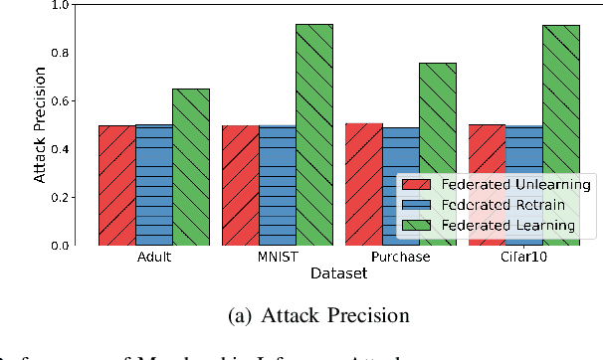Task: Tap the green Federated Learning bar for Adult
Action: point(191,167)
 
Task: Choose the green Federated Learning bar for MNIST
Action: point(314,134)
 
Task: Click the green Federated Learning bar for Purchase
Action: point(438,154)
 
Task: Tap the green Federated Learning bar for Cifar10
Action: point(561,134)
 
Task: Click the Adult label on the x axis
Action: point(153,257)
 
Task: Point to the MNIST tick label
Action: point(277,257)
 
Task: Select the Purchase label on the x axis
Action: point(400,257)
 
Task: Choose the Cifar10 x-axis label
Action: point(523,257)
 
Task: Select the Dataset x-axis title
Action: point(338,271)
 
